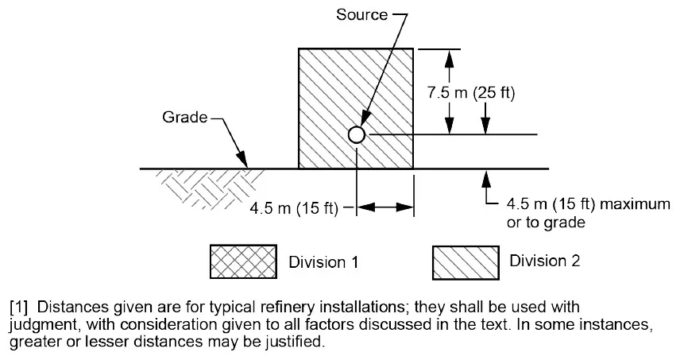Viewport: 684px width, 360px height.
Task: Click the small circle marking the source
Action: coord(357,135)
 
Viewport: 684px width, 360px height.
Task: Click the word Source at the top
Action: coord(361,15)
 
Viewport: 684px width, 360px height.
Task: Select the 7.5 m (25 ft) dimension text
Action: coord(471,93)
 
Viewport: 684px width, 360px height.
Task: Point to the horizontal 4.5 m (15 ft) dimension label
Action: coord(294,209)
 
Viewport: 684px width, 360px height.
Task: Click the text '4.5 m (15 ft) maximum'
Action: coord(589,204)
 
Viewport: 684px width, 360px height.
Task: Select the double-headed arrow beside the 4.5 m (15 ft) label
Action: coord(385,208)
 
